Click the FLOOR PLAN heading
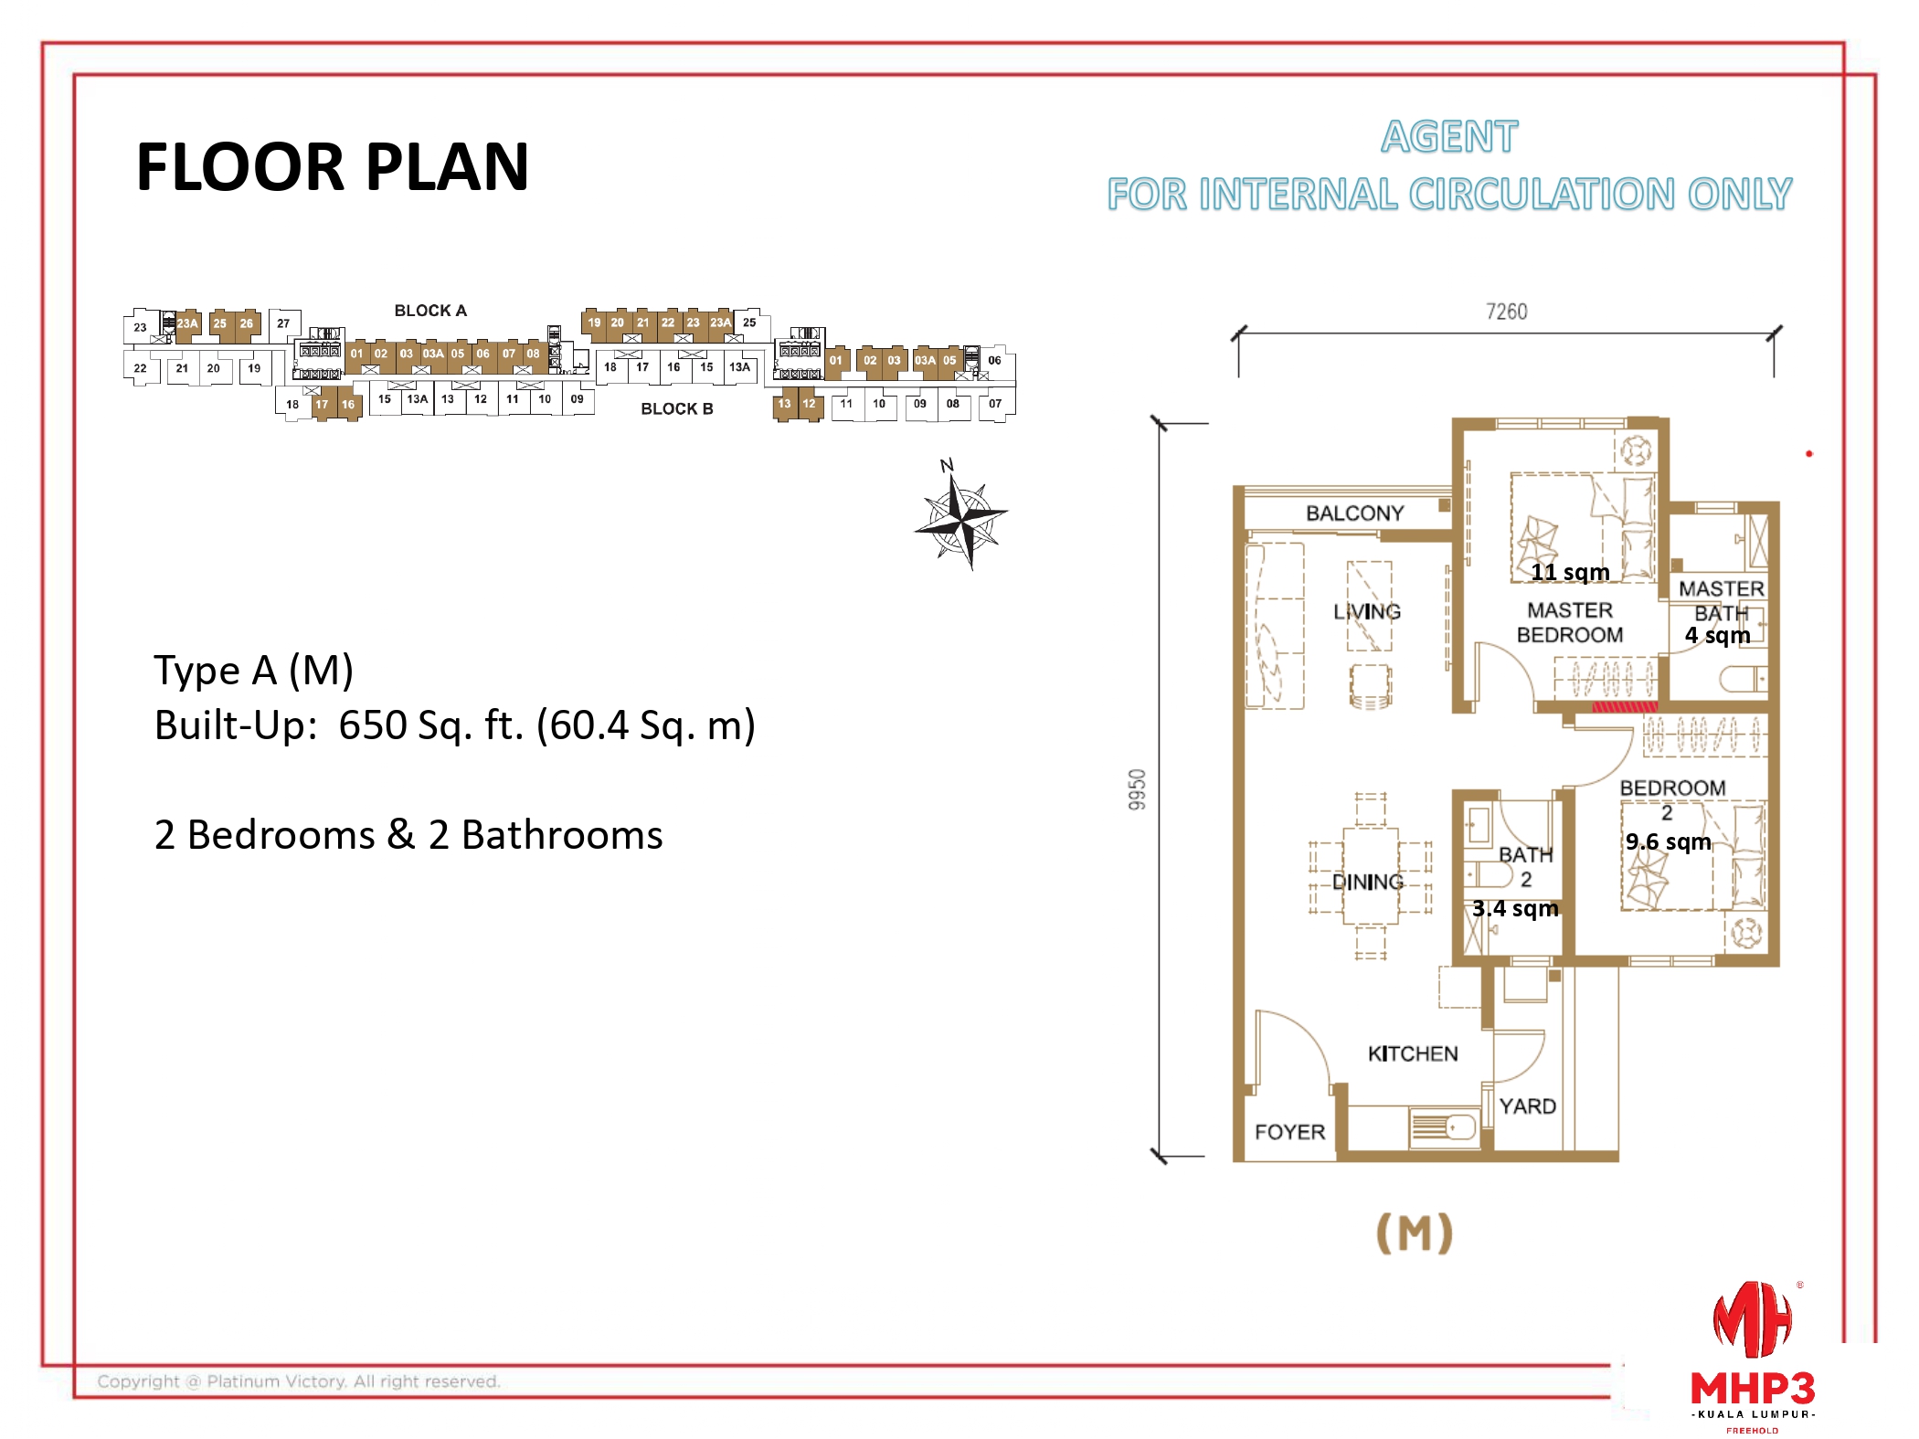[x=332, y=167]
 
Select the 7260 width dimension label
[x=1506, y=312]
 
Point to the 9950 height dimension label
[x=1137, y=788]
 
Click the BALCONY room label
[x=1354, y=513]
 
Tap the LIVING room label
[x=1367, y=611]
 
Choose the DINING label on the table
[x=1367, y=882]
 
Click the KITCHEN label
[x=1413, y=1053]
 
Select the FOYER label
[x=1289, y=1132]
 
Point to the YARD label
[x=1527, y=1106]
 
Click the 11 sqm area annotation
[x=1570, y=573]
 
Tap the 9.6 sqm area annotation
[x=1668, y=841]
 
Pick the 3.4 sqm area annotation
[x=1515, y=908]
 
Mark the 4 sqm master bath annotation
[x=1717, y=635]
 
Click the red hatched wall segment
[x=1624, y=707]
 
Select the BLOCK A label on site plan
[x=430, y=311]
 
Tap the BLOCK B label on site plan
[x=676, y=408]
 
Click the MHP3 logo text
[x=1752, y=1389]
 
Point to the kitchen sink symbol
[x=1444, y=1127]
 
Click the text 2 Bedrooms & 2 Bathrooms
[x=408, y=835]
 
